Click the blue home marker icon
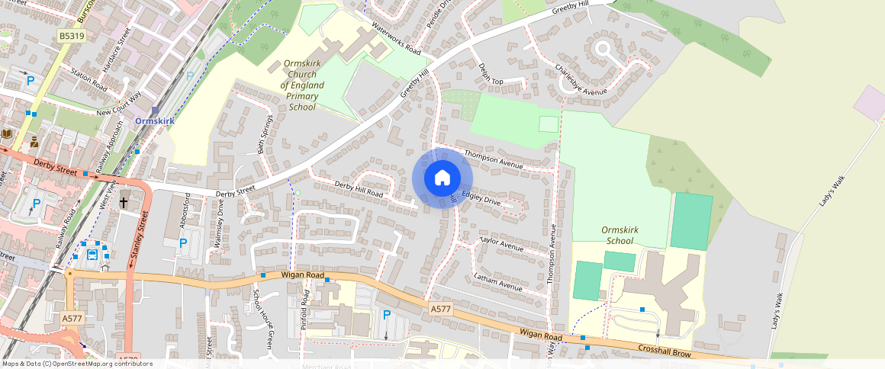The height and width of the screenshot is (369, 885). [x=443, y=178]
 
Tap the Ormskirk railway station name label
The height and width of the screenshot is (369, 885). [x=155, y=121]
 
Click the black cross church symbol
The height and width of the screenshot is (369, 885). [x=124, y=203]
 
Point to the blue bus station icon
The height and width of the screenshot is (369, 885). [x=92, y=255]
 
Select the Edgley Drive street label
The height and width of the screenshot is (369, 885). [x=480, y=198]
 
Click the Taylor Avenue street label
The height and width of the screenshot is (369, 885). [x=500, y=244]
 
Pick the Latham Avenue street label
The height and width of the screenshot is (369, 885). [x=497, y=282]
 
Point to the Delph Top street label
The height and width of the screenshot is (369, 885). [x=491, y=75]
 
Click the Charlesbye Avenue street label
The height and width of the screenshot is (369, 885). [x=581, y=80]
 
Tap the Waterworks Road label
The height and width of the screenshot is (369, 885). [x=396, y=38]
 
